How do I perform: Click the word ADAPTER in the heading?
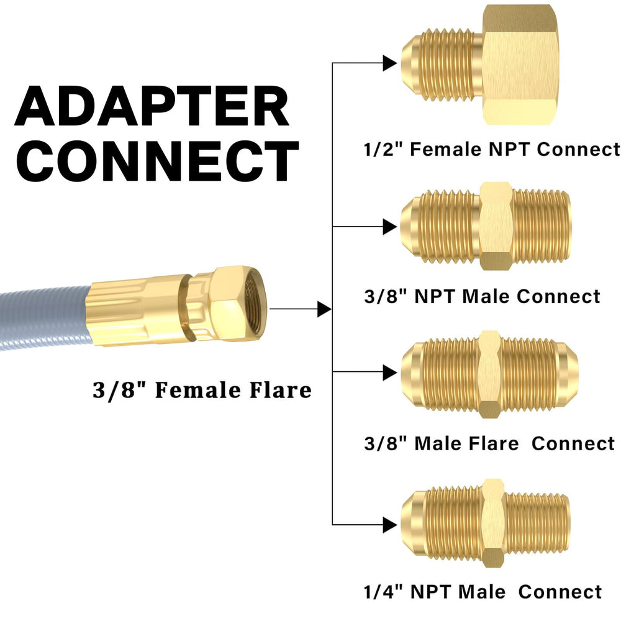(152, 106)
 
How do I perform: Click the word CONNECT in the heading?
(157, 161)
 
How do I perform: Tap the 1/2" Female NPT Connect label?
(491, 149)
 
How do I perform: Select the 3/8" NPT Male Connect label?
(482, 296)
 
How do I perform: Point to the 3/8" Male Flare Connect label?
(489, 443)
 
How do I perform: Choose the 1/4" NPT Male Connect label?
(483, 592)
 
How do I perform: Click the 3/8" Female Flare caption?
(202, 390)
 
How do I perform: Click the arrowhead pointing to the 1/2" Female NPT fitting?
(390, 63)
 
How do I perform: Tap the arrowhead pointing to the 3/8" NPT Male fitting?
(390, 227)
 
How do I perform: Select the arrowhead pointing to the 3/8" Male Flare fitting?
(390, 373)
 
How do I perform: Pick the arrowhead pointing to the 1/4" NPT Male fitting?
(390, 525)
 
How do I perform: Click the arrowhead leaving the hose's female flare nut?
(325, 309)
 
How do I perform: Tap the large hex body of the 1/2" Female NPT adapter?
(520, 65)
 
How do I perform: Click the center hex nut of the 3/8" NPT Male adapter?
(496, 226)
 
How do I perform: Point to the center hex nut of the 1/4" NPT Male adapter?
(494, 523)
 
